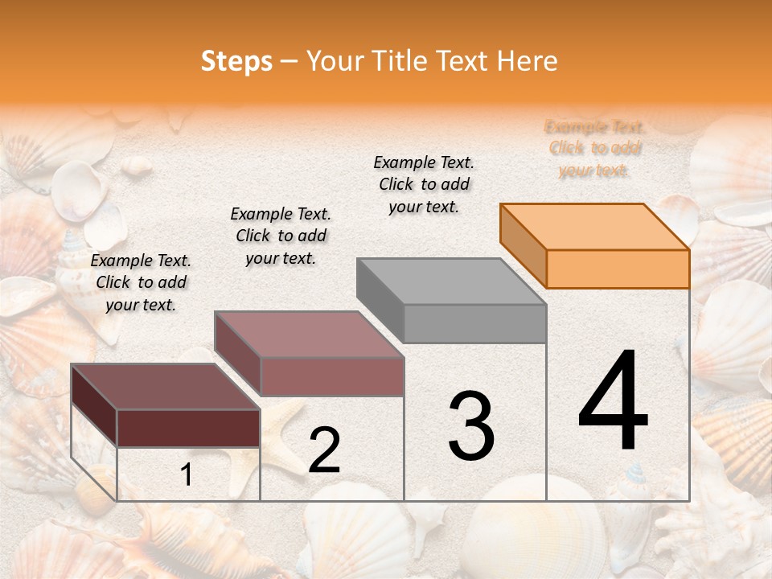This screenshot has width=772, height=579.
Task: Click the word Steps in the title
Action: (236, 61)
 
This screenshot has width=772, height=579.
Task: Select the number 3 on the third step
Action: (471, 426)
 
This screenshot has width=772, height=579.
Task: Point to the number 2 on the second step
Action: (324, 450)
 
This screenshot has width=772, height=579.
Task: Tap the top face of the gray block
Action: (450, 281)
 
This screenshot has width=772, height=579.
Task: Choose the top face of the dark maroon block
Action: (166, 387)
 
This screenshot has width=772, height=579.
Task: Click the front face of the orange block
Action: (618, 269)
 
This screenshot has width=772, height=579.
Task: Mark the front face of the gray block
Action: (474, 324)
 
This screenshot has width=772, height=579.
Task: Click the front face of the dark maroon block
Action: (188, 428)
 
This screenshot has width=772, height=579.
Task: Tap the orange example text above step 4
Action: (593, 149)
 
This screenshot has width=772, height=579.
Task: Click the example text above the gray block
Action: (424, 184)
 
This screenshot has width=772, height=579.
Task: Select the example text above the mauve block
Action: (281, 236)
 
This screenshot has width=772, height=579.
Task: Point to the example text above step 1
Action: (141, 282)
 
